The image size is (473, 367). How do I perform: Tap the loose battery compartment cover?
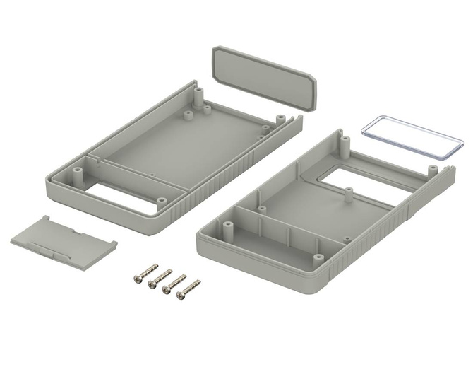click(x=63, y=237)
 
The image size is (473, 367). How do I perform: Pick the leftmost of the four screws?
click(x=145, y=273)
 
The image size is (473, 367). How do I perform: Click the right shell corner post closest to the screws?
click(x=227, y=227)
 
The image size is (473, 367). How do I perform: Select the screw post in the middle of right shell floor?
click(x=347, y=191)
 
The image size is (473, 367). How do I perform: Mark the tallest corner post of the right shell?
click(x=345, y=145)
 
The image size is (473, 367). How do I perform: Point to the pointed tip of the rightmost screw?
click(x=198, y=281)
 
